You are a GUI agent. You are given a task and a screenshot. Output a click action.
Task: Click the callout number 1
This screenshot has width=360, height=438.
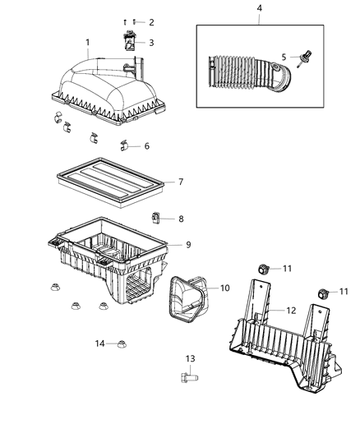click(x=88, y=42)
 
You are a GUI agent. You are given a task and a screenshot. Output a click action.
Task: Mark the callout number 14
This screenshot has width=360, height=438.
click(x=99, y=343)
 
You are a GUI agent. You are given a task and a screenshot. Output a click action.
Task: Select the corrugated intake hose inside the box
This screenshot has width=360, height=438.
click(x=242, y=71)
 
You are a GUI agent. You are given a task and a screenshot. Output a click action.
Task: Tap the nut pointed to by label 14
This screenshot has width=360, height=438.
click(x=121, y=343)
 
